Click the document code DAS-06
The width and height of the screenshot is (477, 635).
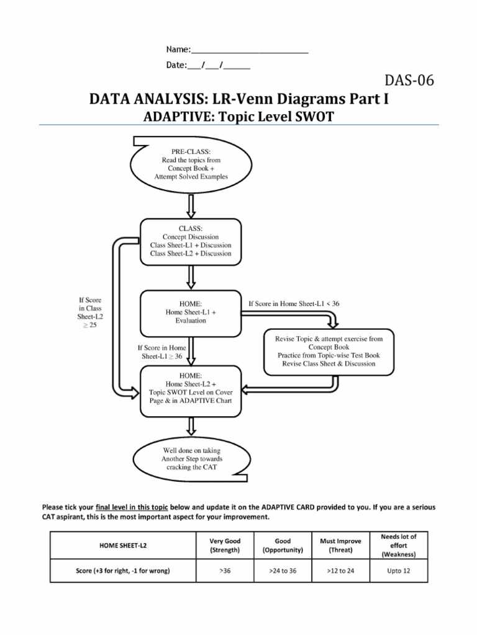(409, 81)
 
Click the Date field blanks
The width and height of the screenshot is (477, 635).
(218, 64)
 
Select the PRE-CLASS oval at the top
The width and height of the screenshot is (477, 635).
(191, 164)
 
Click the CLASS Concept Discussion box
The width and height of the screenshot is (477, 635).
(191, 241)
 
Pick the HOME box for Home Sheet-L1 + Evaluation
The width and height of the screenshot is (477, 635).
(191, 313)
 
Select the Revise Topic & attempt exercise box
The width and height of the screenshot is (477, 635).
(329, 352)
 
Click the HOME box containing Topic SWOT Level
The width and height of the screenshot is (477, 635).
(191, 388)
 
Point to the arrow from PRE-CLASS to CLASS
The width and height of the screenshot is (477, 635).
(191, 203)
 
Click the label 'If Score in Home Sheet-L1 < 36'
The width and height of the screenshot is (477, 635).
(294, 304)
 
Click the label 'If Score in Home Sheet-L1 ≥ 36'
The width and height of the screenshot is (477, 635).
(161, 352)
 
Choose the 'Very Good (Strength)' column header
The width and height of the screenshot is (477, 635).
(225, 545)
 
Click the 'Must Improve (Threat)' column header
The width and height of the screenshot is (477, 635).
(340, 545)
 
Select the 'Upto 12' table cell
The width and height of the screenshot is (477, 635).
(398, 571)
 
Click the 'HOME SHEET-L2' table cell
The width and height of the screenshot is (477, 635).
(124, 545)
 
